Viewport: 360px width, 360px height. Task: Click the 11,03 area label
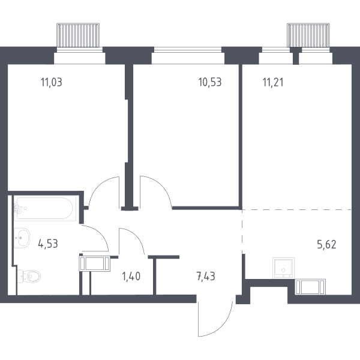[x=52, y=82]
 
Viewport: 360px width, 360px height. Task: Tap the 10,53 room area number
[x=210, y=82]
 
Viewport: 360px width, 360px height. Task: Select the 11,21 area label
[x=273, y=82]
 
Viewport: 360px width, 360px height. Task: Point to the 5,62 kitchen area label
[x=326, y=245]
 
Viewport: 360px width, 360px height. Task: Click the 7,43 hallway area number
[x=206, y=276]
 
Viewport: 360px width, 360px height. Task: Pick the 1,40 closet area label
[x=131, y=276]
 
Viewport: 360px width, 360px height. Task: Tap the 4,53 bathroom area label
[x=48, y=244]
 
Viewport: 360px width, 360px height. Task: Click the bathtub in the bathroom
[x=46, y=208]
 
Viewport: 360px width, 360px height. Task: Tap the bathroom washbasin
[x=22, y=238]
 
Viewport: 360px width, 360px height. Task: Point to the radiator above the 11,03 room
[x=78, y=35]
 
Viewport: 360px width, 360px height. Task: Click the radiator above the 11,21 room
[x=308, y=35]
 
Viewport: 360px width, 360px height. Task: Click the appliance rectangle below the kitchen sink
[x=310, y=287]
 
